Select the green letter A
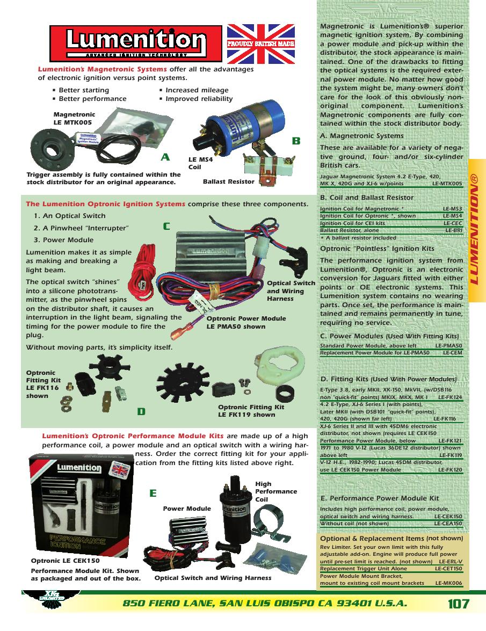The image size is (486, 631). click(165, 157)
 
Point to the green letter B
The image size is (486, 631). click(296, 141)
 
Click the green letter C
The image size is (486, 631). click(166, 227)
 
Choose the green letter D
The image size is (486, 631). click(141, 411)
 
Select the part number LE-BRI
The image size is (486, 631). click(454, 230)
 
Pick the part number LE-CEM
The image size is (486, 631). click(453, 353)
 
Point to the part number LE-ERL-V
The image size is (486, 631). click(449, 561)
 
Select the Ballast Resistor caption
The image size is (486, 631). click(228, 182)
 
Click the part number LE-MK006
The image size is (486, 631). click(449, 583)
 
